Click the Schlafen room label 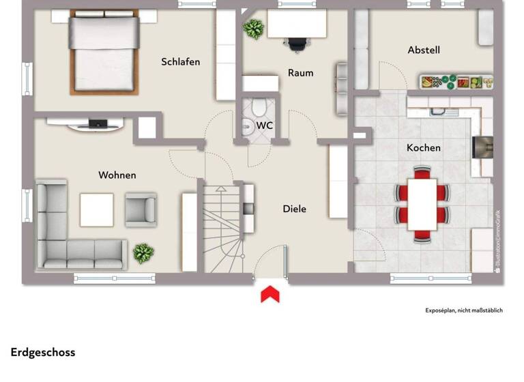point(181,62)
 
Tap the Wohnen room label point(117,175)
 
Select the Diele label point(295,209)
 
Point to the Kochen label point(424,148)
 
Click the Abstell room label point(424,50)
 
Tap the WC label point(265,126)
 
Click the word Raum point(300,73)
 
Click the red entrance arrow point(270,294)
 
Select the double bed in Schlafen point(104,54)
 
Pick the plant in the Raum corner point(254,29)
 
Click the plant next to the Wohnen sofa point(143,254)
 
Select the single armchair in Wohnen point(141,209)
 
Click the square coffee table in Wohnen point(97,209)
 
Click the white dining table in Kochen point(422,204)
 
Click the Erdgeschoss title point(43,353)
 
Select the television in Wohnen point(97,124)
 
